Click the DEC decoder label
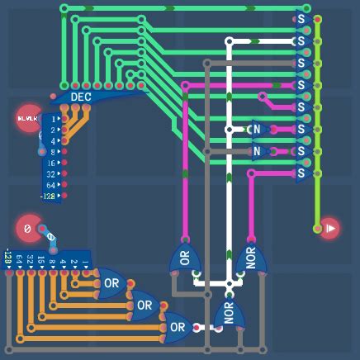click(x=80, y=97)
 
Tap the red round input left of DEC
click(x=28, y=119)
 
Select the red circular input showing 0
click(x=27, y=229)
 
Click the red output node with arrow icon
click(x=329, y=227)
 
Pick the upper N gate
click(x=257, y=130)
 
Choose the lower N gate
click(x=257, y=152)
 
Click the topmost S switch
click(x=301, y=18)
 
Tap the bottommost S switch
click(x=301, y=173)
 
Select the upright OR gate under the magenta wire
click(x=184, y=258)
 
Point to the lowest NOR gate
click(x=229, y=314)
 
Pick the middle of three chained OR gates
click(x=144, y=306)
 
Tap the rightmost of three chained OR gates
click(x=178, y=327)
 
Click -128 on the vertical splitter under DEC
click(x=49, y=197)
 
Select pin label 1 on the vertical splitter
click(x=54, y=119)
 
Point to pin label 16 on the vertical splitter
click(x=51, y=163)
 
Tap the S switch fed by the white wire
click(x=301, y=40)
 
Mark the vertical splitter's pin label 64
click(x=51, y=186)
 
